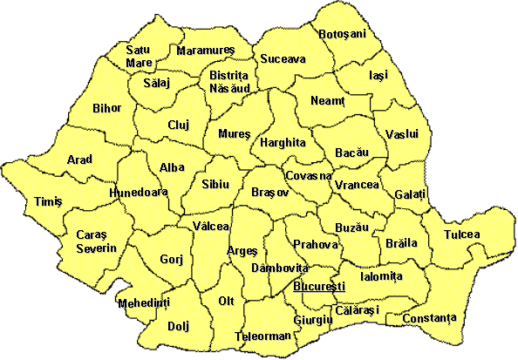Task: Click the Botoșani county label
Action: (344, 34)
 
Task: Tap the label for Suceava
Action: (283, 60)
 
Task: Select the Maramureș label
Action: (207, 51)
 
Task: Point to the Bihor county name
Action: (106, 109)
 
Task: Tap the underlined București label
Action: (320, 286)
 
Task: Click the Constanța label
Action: (429, 318)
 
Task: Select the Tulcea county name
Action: (461, 235)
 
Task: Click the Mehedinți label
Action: (143, 302)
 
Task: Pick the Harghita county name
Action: (283, 141)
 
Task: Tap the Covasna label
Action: (309, 175)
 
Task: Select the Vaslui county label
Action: (402, 134)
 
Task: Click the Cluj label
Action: (179, 126)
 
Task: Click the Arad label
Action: (79, 160)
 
